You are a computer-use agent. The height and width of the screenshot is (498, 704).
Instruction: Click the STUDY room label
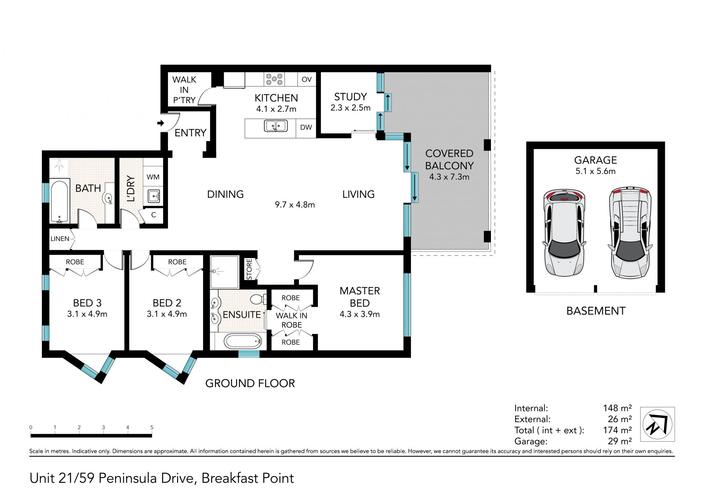tap(350, 97)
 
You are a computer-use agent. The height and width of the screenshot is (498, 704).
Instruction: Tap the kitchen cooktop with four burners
tap(275, 79)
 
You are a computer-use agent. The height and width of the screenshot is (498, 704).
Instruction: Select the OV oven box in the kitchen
tap(307, 79)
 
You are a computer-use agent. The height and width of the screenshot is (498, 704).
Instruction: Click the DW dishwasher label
tap(306, 127)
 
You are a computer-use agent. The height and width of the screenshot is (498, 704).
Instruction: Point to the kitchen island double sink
tap(275, 126)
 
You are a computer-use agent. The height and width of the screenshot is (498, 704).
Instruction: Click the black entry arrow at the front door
tap(161, 123)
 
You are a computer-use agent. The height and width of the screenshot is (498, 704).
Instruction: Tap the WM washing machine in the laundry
tap(153, 177)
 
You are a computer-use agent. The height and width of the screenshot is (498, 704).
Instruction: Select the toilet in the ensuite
tap(258, 299)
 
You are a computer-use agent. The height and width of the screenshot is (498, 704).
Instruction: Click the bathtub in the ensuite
tap(243, 341)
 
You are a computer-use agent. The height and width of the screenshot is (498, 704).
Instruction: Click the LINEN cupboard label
tap(60, 239)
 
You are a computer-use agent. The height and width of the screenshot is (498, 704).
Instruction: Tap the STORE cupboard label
tap(249, 269)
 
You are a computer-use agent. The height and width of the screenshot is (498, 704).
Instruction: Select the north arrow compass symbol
tap(657, 424)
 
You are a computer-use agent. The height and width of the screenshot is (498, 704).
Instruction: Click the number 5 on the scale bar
tap(152, 428)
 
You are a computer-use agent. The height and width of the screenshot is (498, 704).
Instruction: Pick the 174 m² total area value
tap(617, 430)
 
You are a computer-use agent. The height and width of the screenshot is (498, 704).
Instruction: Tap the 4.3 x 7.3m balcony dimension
tap(449, 177)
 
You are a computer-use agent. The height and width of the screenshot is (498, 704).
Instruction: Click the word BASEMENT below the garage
tap(596, 311)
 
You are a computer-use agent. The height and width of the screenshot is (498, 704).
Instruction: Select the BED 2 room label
tap(167, 303)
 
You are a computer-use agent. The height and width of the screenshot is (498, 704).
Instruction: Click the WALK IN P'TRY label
tap(184, 90)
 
